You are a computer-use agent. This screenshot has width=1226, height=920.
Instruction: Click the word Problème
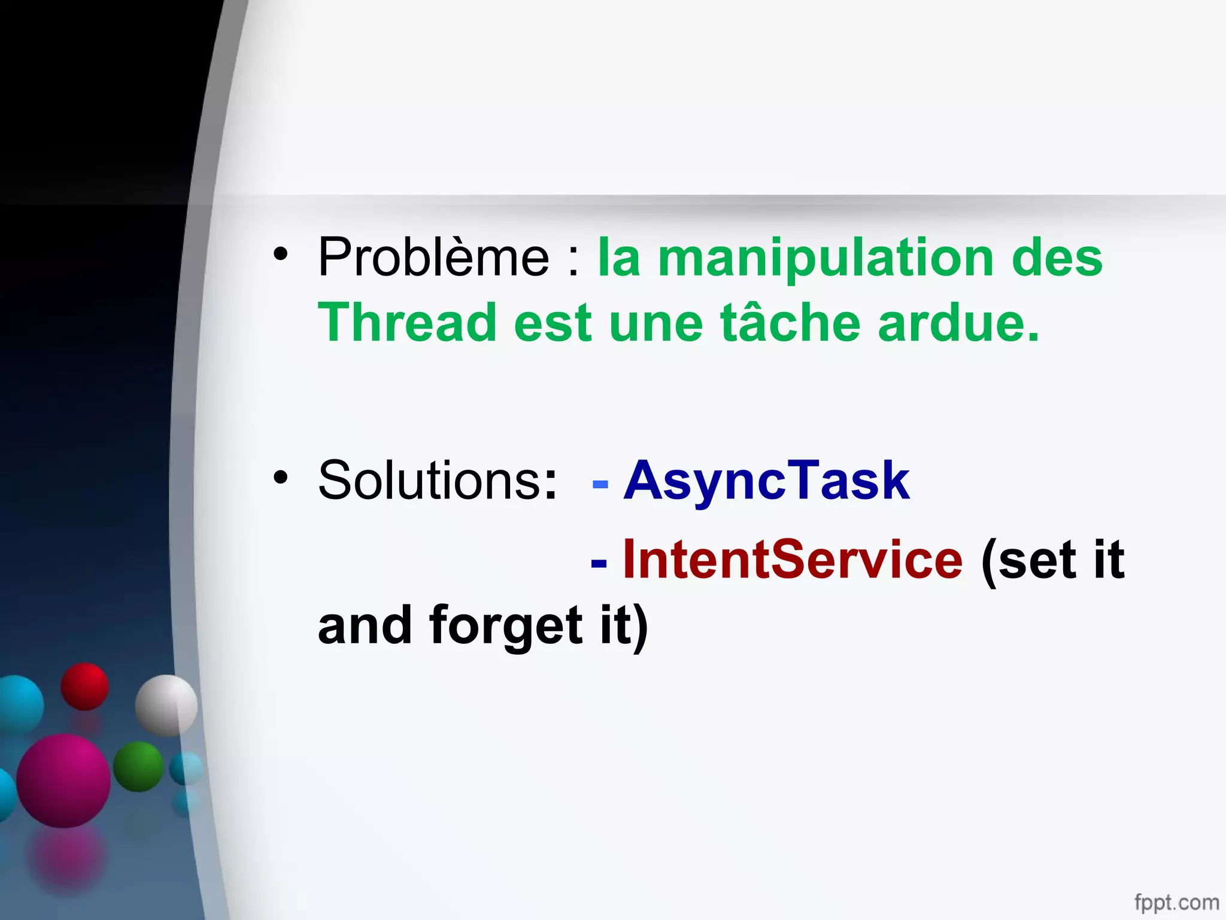(x=433, y=258)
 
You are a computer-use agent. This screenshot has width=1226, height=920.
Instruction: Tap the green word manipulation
(x=826, y=259)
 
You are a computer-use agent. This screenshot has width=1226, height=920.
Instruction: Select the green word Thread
(x=407, y=323)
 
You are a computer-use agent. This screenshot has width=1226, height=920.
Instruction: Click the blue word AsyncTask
(x=766, y=480)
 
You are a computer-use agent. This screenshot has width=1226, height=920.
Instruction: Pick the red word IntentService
(x=793, y=559)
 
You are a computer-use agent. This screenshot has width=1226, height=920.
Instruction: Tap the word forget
(x=506, y=625)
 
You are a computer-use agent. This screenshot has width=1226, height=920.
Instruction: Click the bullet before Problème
(x=280, y=255)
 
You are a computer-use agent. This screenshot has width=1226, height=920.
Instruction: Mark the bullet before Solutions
(x=280, y=477)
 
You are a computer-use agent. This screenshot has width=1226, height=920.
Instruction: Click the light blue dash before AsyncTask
(x=600, y=484)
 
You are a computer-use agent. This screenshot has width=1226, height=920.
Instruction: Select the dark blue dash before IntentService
(x=599, y=563)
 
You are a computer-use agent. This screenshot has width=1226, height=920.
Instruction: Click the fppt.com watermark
(x=1176, y=901)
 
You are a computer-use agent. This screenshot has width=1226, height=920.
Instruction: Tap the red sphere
(x=84, y=686)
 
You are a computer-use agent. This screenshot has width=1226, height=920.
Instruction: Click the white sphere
(x=166, y=705)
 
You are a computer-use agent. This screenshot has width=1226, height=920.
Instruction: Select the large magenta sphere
(x=63, y=780)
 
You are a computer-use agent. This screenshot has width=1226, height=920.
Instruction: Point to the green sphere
(x=138, y=767)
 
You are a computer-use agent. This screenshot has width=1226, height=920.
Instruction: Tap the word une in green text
(x=656, y=323)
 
